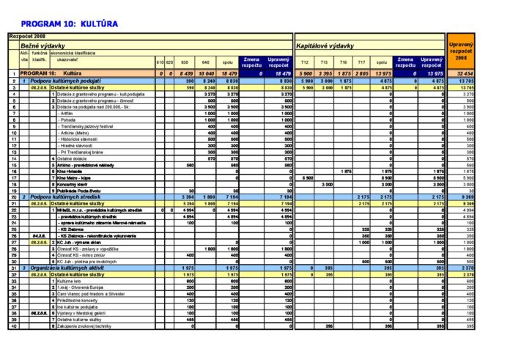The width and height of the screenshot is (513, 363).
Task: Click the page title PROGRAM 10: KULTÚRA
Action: [x=70, y=24]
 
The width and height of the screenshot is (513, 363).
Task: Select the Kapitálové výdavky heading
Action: [x=325, y=45]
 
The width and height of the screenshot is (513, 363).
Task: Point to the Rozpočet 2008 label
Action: [x=28, y=36]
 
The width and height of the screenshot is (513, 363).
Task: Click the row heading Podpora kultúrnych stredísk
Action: [x=70, y=197]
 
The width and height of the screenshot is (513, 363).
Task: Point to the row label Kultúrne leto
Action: [x=71, y=281]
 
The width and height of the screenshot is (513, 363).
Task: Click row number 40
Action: [x=13, y=326]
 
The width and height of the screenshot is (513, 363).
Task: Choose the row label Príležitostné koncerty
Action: [x=78, y=300]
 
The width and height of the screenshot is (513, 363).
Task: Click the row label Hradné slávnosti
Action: [x=75, y=145]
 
